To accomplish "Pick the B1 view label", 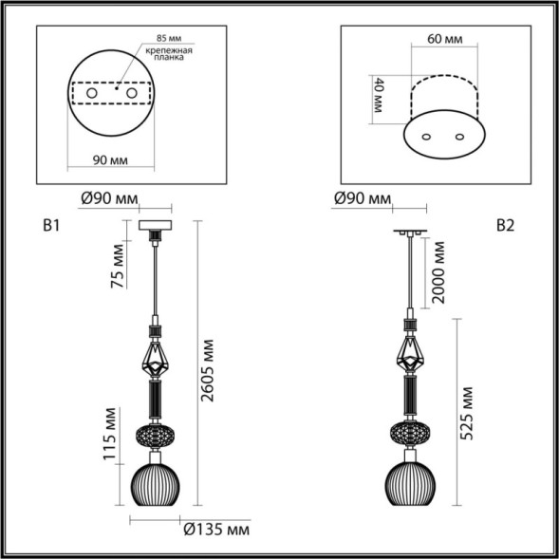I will [x=52, y=226].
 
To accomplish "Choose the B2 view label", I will [x=504, y=225].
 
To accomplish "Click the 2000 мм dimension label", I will [x=438, y=271].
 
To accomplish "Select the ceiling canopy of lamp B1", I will [x=154, y=227].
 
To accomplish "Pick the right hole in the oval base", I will [x=461, y=137].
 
